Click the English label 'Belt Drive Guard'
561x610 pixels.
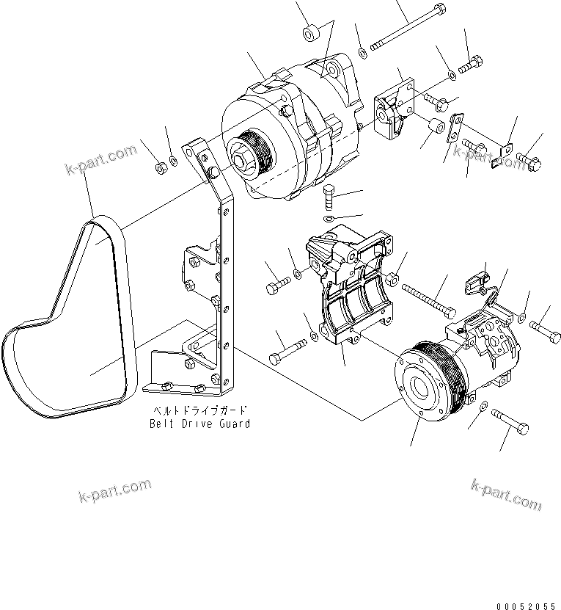point(199,424)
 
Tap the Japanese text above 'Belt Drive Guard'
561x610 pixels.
point(199,411)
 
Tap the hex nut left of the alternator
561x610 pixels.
point(161,168)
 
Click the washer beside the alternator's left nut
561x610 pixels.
point(173,161)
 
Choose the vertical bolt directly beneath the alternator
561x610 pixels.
point(329,198)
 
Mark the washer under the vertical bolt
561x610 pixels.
point(329,219)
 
